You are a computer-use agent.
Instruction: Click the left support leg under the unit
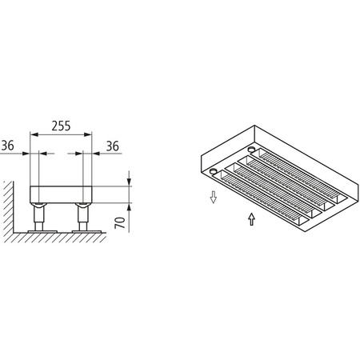tap(38, 215)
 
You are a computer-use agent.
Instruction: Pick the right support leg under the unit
tap(82, 215)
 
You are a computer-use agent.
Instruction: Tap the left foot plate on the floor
tap(38, 232)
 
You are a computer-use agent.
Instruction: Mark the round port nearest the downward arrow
tap(213, 170)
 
